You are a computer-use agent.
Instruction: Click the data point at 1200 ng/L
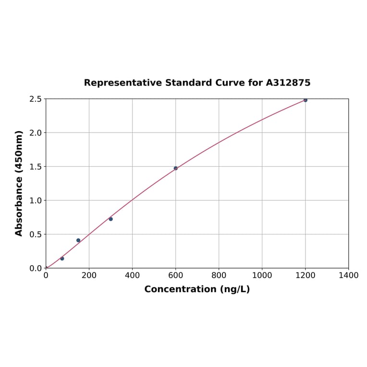click(x=305, y=100)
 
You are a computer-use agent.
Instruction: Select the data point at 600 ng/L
click(x=176, y=168)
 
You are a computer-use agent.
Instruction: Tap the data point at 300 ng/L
click(x=110, y=219)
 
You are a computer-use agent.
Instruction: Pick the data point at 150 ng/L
click(x=78, y=240)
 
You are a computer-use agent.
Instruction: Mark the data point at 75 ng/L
click(x=62, y=258)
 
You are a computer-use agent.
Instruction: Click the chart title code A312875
click(x=288, y=83)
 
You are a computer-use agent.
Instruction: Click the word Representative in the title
click(x=123, y=83)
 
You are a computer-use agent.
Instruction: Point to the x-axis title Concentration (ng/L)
click(x=197, y=289)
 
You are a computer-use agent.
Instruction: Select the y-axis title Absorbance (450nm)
click(x=19, y=183)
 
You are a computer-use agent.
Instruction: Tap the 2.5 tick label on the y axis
click(x=36, y=99)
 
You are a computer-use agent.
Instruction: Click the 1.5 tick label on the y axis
click(x=36, y=167)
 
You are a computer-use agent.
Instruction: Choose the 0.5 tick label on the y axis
click(x=36, y=234)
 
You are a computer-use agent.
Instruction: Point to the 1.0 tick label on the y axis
click(x=36, y=200)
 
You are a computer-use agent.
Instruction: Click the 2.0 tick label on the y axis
click(x=36, y=133)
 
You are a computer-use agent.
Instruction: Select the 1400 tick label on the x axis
click(x=348, y=275)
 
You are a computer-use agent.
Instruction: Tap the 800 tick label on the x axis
click(x=219, y=275)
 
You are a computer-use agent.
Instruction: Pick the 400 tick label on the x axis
click(x=132, y=275)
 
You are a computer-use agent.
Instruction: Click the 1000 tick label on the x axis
click(x=262, y=275)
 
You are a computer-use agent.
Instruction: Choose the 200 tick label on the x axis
click(x=89, y=275)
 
